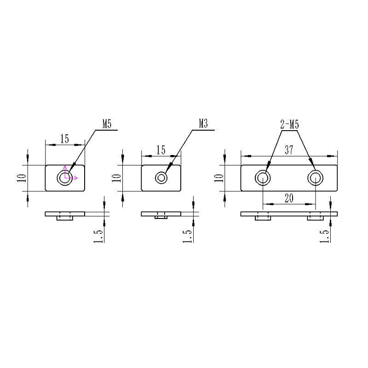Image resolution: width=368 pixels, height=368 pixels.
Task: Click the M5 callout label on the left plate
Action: click(x=107, y=124)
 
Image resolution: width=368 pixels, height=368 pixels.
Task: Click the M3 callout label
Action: click(x=204, y=124)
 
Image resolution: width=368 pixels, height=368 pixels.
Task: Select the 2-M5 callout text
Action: click(x=289, y=125)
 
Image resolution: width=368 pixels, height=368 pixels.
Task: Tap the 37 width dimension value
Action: click(x=288, y=150)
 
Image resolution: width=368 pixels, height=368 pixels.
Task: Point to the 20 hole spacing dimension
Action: click(x=289, y=198)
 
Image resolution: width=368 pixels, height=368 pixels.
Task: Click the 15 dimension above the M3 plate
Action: click(x=161, y=150)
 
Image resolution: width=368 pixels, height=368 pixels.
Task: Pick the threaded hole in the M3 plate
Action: click(x=161, y=178)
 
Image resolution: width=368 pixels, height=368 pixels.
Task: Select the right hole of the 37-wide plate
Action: click(x=315, y=178)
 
